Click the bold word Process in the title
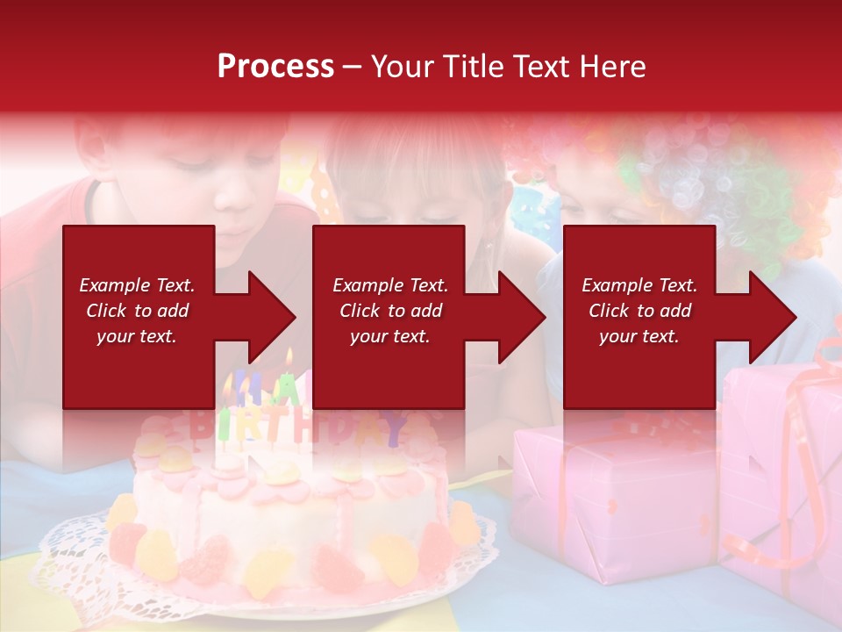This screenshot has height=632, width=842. pos(275,67)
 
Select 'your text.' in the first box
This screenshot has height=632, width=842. pos(137,336)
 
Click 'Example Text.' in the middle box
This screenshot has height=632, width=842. pos(390,285)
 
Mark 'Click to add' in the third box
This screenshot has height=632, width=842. pos(639,311)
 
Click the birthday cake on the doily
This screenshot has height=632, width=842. pos(289,518)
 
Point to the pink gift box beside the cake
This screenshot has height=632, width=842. pos(605,500)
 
